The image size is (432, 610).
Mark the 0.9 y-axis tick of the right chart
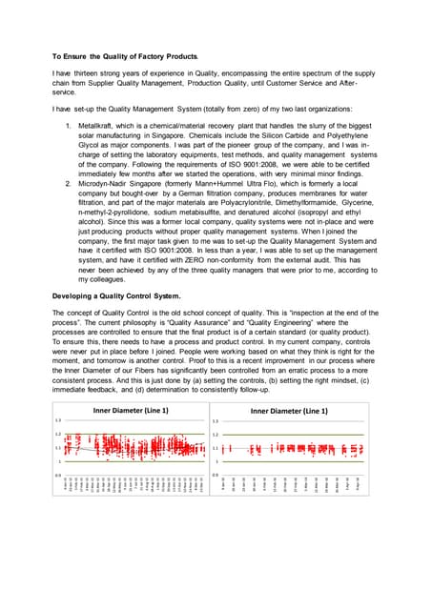[x=215, y=476]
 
